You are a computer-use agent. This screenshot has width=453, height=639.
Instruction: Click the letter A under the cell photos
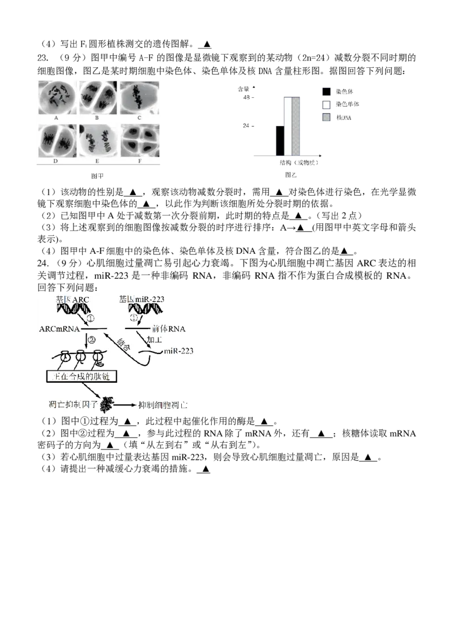click(57, 118)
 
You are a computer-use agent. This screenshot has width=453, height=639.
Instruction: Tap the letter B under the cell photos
click(98, 118)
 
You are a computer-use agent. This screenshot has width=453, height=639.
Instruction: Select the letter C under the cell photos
click(139, 118)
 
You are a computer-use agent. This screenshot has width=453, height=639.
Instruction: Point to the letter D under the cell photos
click(57, 161)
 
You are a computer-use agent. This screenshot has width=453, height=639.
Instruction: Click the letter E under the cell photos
click(98, 161)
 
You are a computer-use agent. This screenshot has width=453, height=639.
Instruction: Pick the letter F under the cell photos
click(139, 161)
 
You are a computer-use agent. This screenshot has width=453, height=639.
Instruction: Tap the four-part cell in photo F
click(140, 140)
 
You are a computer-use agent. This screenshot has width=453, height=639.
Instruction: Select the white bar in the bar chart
click(288, 126)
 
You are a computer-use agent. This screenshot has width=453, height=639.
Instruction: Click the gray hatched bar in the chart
click(296, 126)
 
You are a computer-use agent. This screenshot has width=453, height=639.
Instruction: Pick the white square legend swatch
click(326, 105)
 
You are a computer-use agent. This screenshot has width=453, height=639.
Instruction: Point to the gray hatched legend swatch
click(326, 117)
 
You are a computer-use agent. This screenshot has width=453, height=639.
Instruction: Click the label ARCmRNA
click(59, 329)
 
